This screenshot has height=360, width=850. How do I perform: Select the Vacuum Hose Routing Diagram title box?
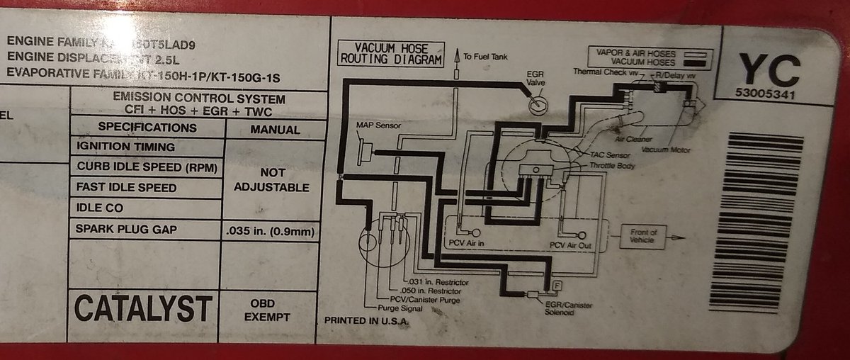point(391,54)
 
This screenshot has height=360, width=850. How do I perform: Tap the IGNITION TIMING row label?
point(125,147)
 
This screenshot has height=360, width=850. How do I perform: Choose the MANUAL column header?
point(275,130)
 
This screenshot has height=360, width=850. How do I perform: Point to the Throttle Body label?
point(612,165)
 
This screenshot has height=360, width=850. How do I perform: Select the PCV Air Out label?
point(570,245)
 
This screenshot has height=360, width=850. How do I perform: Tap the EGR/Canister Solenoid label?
point(569,309)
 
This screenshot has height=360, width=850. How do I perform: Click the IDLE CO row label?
point(99,208)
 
